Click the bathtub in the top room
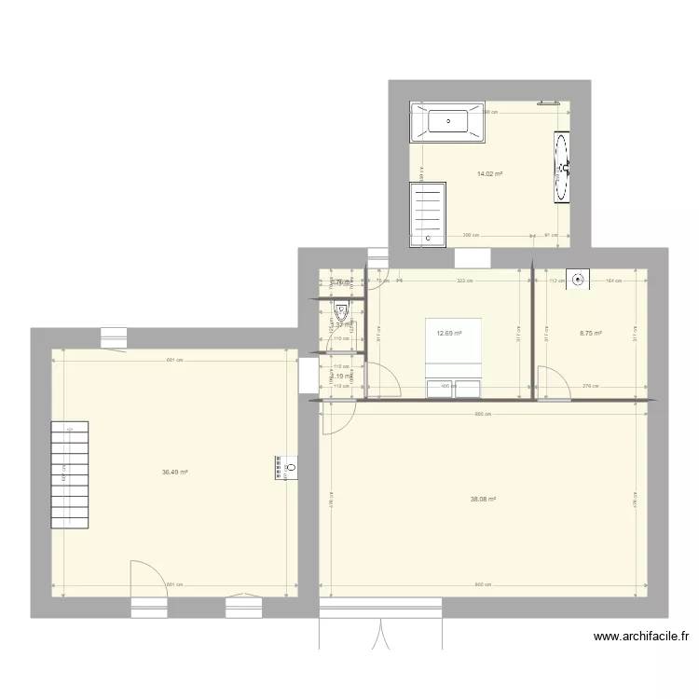pos(447,122)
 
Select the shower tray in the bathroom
pos(428,214)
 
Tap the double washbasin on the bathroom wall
pos(562,168)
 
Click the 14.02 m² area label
pos(490,174)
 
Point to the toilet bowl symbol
pos(342,314)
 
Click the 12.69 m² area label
pos(450,333)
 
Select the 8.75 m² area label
pos(591,333)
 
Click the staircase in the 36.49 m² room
pos(70,474)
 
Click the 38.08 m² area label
pos(483,500)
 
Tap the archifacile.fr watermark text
pos(641,637)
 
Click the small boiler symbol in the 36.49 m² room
pos(284,467)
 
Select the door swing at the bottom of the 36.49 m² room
pos(147,578)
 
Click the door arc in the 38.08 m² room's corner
pos(336,418)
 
